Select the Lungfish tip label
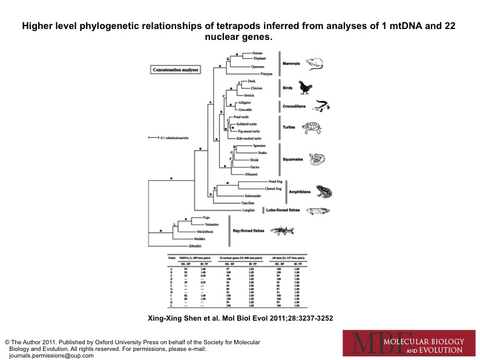coord(248,210)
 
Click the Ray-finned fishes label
coord(248,231)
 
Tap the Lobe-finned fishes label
coord(283,210)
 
